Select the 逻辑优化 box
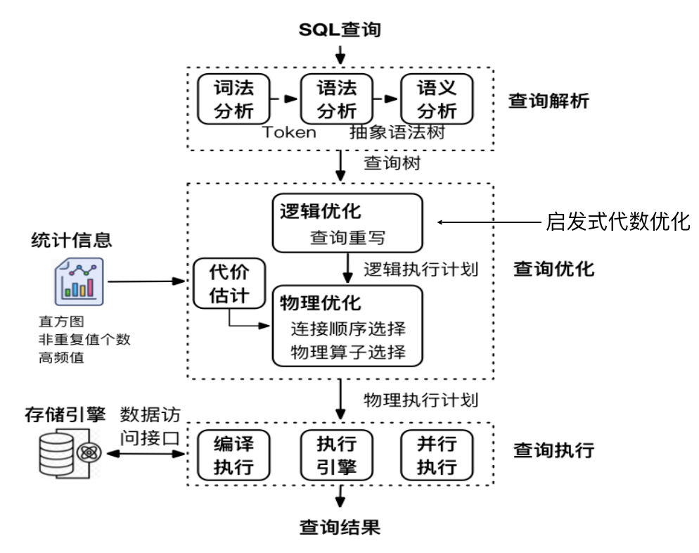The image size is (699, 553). (x=347, y=222)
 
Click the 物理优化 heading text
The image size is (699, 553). (x=321, y=304)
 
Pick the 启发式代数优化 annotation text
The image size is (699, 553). (x=619, y=222)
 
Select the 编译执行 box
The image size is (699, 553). (x=232, y=456)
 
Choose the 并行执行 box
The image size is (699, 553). (x=437, y=456)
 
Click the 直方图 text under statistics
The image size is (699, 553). (x=61, y=323)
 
